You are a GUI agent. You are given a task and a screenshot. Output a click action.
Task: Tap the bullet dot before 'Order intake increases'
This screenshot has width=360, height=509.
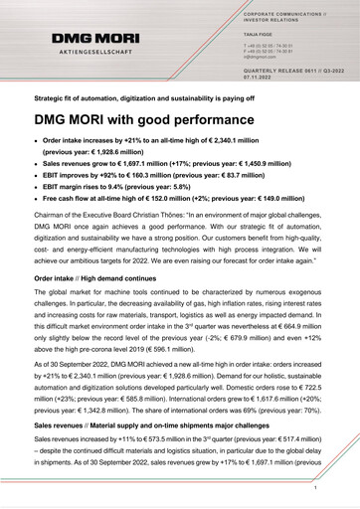(39, 143)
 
